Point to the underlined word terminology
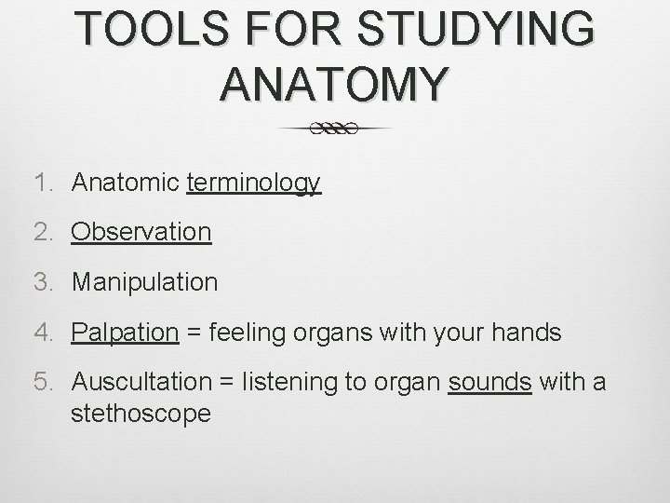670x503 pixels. [254, 183]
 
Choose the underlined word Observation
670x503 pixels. [141, 231]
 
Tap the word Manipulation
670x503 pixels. [144, 280]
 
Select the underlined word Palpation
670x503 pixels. [125, 332]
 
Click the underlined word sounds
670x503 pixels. [489, 382]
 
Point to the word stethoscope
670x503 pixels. [141, 412]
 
